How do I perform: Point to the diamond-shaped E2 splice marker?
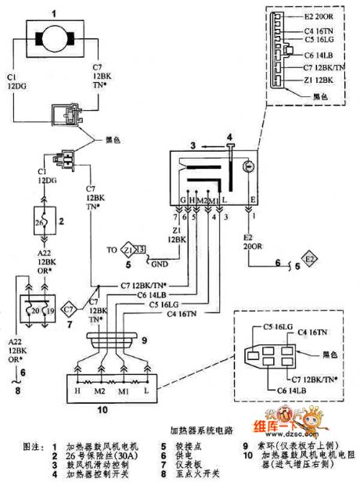(309, 257)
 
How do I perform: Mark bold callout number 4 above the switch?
(229, 138)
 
